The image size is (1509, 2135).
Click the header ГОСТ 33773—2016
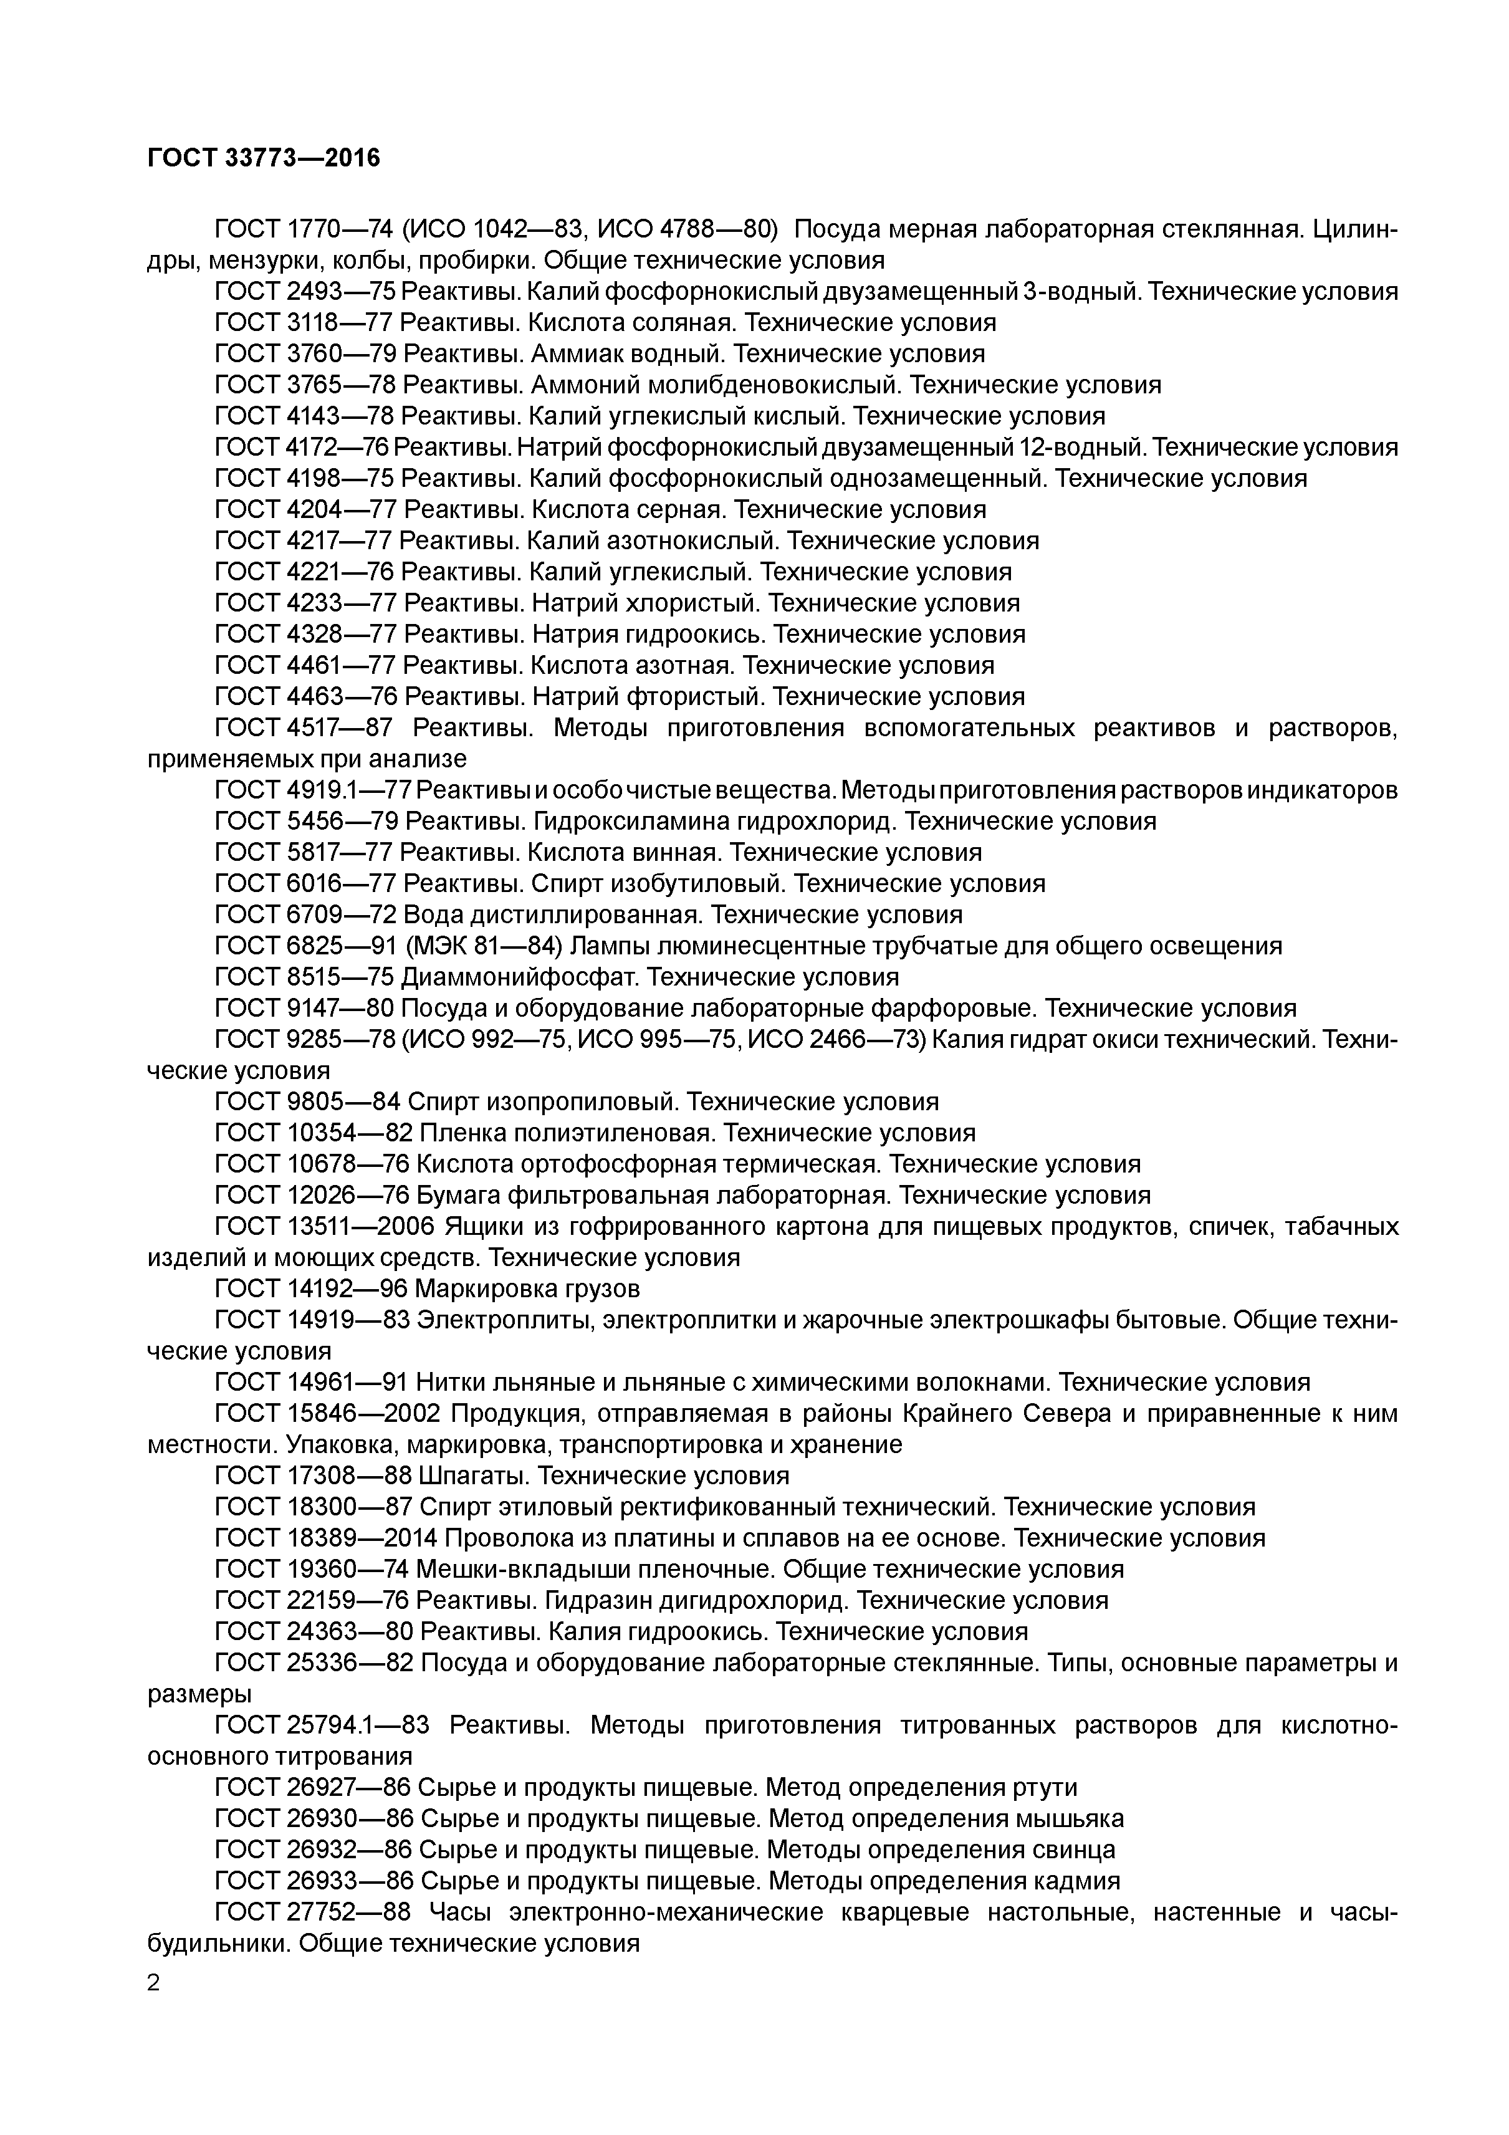pyautogui.click(x=264, y=159)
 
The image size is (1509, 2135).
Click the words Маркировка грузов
pyautogui.click(x=527, y=1289)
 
